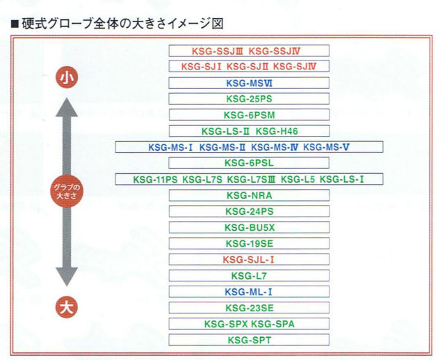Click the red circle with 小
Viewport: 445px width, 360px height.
[x=67, y=77]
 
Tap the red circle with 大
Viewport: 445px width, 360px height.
[x=67, y=307]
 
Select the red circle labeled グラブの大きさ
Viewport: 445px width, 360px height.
[x=67, y=191]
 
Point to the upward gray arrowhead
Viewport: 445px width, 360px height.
[x=67, y=107]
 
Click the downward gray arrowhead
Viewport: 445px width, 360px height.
[x=67, y=277]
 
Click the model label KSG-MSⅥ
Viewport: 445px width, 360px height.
[x=249, y=83]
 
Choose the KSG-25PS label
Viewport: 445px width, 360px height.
[x=249, y=99]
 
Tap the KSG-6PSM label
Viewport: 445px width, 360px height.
[x=249, y=115]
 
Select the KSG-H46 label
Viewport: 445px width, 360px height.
[x=277, y=131]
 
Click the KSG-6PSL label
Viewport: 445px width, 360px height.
[x=249, y=163]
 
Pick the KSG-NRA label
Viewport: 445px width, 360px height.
[x=250, y=195]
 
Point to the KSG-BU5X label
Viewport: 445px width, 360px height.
[x=250, y=227]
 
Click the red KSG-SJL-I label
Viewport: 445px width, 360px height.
[x=249, y=259]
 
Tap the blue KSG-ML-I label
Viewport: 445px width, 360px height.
[x=249, y=292]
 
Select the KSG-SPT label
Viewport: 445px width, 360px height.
[x=250, y=340]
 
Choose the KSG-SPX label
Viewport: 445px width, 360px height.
[x=226, y=324]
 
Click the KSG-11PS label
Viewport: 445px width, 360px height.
[x=155, y=179]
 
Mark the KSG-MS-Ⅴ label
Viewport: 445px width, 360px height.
[x=326, y=147]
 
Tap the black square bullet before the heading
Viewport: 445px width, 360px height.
[x=15, y=24]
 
